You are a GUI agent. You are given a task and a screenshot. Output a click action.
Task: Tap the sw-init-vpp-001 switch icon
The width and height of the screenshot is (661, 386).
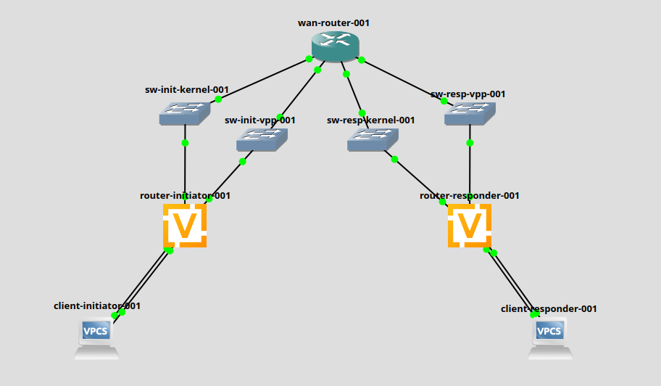tap(262, 139)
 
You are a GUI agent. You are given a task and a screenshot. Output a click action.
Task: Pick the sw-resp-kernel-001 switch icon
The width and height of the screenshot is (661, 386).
tap(373, 139)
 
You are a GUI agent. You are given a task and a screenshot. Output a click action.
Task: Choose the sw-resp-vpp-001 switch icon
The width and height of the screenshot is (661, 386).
tap(470, 113)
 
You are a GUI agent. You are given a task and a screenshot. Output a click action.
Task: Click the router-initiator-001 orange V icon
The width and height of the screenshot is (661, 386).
tap(185, 226)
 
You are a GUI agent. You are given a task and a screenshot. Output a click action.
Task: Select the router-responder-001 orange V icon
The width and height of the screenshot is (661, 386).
tap(470, 226)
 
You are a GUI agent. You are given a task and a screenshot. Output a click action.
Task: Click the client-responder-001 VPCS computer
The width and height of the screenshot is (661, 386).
tap(550, 339)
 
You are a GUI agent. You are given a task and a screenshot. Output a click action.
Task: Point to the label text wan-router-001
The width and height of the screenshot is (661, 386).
tap(334, 22)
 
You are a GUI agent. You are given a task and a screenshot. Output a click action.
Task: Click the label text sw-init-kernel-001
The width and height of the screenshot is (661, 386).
tap(187, 90)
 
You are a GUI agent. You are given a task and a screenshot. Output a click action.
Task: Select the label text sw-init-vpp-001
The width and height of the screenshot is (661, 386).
tap(260, 120)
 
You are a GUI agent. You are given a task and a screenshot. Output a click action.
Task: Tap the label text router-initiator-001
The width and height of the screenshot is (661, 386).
tap(186, 196)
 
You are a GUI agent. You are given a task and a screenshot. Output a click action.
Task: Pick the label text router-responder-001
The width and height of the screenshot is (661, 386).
tap(470, 196)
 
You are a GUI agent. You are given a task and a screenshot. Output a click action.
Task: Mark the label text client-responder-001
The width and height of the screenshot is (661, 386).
tap(549, 308)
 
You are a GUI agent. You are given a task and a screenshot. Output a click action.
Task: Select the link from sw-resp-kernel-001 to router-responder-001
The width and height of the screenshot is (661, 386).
tap(419, 180)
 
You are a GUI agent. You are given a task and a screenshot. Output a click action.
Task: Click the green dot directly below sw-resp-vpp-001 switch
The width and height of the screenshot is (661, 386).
tap(470, 143)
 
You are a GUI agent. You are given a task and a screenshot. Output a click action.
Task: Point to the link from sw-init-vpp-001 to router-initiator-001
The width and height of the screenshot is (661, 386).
tap(226, 179)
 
